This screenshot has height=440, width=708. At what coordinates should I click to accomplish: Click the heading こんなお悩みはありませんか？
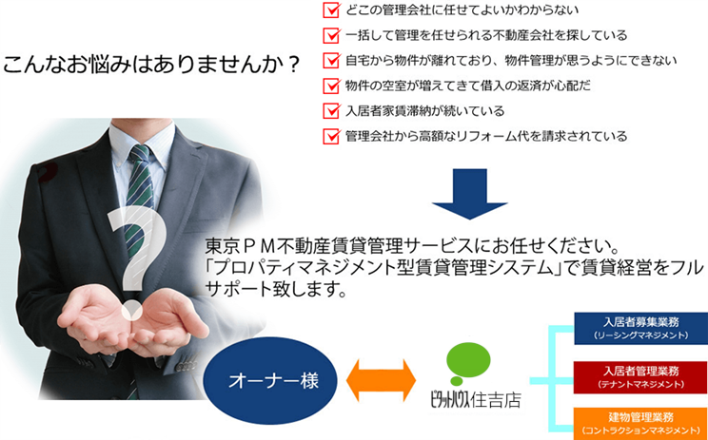(x=151, y=66)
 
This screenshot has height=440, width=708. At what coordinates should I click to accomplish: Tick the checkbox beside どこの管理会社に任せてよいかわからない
(x=331, y=10)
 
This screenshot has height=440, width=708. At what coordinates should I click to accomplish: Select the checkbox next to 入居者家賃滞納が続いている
(x=331, y=110)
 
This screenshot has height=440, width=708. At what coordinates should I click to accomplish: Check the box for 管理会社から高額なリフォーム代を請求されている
(x=331, y=136)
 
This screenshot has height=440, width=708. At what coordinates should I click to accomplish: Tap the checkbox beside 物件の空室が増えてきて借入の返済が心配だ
(x=331, y=86)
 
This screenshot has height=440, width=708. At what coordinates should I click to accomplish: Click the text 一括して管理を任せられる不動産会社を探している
(x=486, y=35)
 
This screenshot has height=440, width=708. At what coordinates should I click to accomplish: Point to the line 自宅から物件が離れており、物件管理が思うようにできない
(x=511, y=61)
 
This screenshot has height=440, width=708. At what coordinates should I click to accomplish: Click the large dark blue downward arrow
(x=469, y=194)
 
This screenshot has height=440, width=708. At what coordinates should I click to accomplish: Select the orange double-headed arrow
(x=381, y=380)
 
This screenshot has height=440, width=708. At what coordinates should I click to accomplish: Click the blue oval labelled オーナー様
(x=270, y=381)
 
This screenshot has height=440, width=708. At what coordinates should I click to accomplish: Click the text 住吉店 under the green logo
(x=496, y=400)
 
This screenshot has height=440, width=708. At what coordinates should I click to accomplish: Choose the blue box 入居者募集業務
(x=640, y=328)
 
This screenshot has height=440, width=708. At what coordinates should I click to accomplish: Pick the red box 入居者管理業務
(x=640, y=377)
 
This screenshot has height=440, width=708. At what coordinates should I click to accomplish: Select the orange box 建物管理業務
(x=640, y=423)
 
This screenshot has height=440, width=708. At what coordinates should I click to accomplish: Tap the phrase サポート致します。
(x=275, y=289)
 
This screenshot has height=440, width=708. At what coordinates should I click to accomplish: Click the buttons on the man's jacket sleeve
(x=186, y=366)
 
